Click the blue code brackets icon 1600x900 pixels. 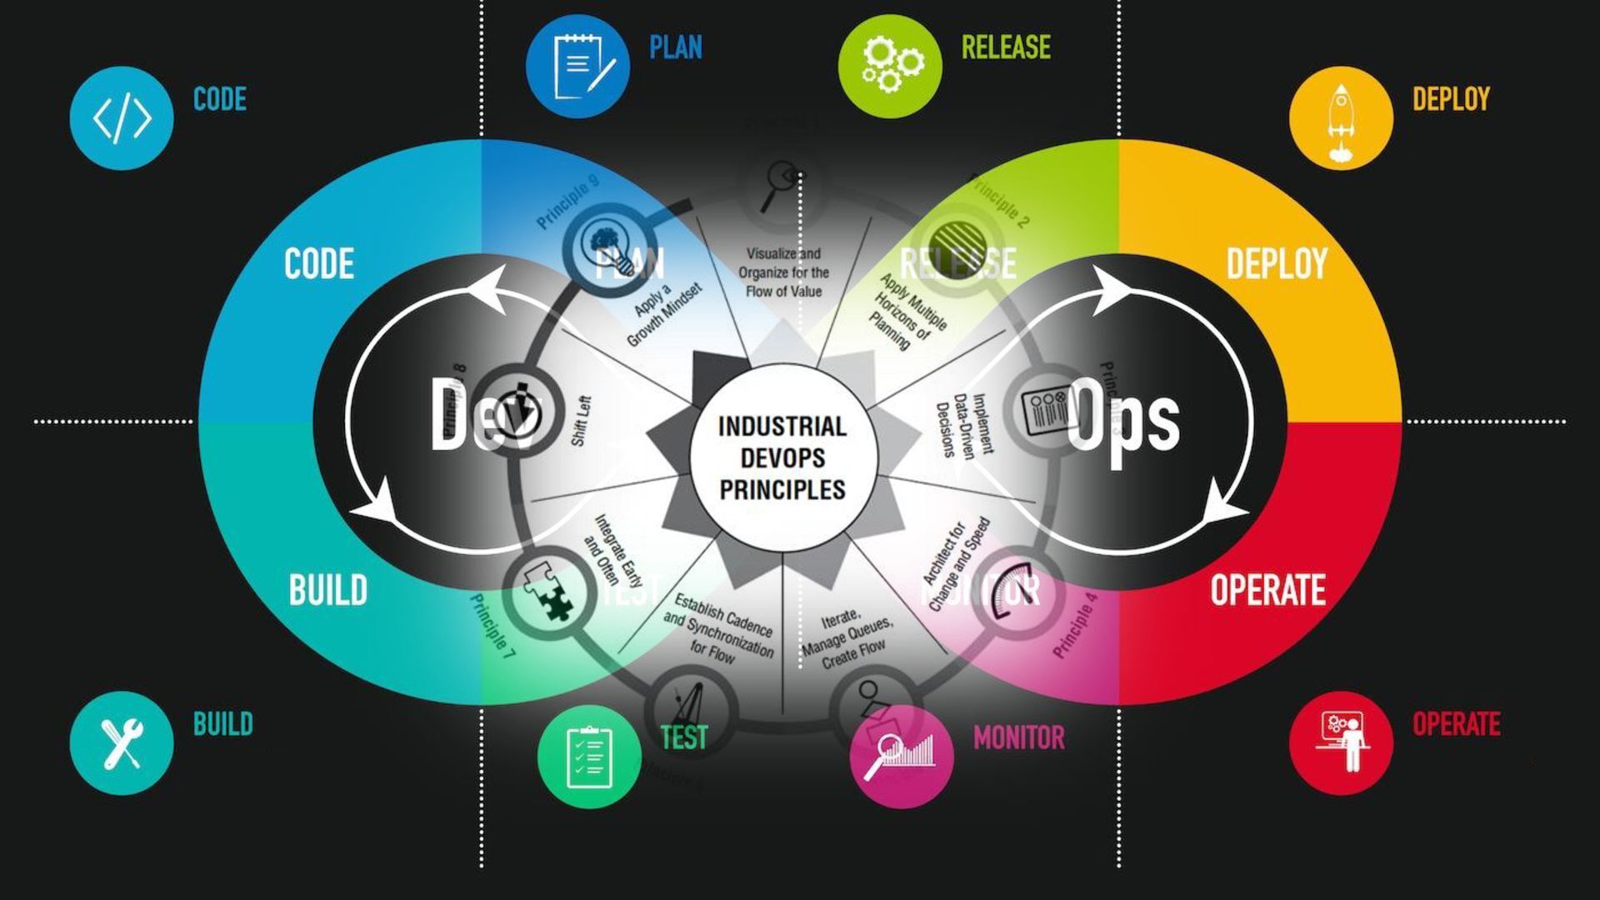pos(122,118)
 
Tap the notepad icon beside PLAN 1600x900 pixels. pos(577,66)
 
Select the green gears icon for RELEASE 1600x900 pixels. pos(890,66)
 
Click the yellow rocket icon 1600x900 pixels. pos(1341,118)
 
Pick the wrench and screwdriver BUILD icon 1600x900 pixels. pos(122,742)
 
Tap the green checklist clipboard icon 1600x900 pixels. pos(589,757)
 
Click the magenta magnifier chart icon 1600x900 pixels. pos(902,757)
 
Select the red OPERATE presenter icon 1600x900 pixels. pos(1341,742)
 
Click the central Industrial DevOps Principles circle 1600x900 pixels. pos(782,457)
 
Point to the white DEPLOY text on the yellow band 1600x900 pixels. pos(1277,264)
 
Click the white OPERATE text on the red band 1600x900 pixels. pos(1267,590)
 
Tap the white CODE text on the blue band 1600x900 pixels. pos(319,264)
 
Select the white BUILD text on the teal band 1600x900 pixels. pos(328,590)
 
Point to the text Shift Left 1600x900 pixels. pos(582,421)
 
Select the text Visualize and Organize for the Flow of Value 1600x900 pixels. pos(783,272)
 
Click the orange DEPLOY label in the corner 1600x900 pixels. pos(1451,99)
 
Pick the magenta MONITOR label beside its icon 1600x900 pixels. pos(1018,737)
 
